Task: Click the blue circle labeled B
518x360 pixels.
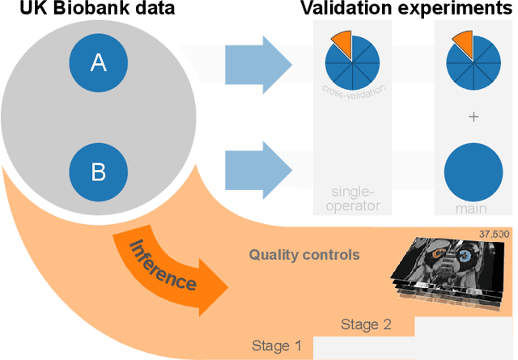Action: pos(98,172)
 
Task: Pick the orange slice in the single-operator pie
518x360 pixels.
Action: pos(341,43)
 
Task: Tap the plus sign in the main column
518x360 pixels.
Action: pos(474,116)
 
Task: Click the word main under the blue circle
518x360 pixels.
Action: pos(474,209)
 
